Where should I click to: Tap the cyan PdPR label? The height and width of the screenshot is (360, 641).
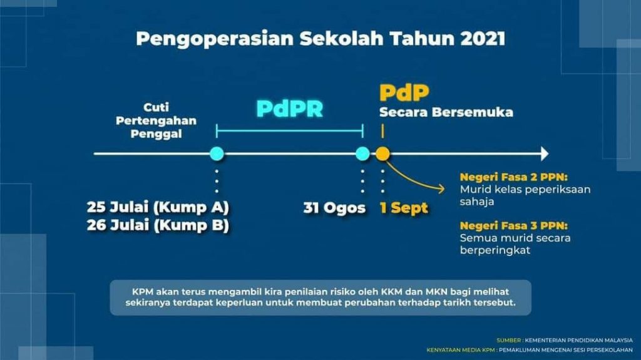coord(289,109)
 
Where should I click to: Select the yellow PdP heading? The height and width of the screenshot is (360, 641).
coord(404,93)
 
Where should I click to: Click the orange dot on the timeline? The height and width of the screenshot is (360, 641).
coord(382,154)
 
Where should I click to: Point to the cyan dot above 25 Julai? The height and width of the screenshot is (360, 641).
coord(217,154)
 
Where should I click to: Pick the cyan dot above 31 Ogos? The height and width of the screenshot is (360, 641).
coord(362,154)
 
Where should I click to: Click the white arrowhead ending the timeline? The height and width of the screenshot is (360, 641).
coord(545,154)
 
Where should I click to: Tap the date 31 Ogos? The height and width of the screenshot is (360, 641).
coord(334,208)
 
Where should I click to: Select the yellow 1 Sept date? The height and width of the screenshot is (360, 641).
coord(404,208)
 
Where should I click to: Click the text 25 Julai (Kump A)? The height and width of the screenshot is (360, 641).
coord(158,207)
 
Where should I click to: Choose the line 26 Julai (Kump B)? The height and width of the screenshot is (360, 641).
coord(158,225)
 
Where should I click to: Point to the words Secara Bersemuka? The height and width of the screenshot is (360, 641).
coord(446,112)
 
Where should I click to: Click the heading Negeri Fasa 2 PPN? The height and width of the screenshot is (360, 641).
coord(513,177)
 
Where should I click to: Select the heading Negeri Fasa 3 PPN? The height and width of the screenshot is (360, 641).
coord(513,226)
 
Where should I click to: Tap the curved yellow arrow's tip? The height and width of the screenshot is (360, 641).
coord(444,188)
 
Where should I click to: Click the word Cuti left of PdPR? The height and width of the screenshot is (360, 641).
coord(156,108)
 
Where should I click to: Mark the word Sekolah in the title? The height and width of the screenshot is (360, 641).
coord(341,38)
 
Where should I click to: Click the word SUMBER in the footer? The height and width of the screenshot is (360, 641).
coord(508,340)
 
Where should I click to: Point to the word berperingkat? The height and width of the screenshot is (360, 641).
coord(495,250)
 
